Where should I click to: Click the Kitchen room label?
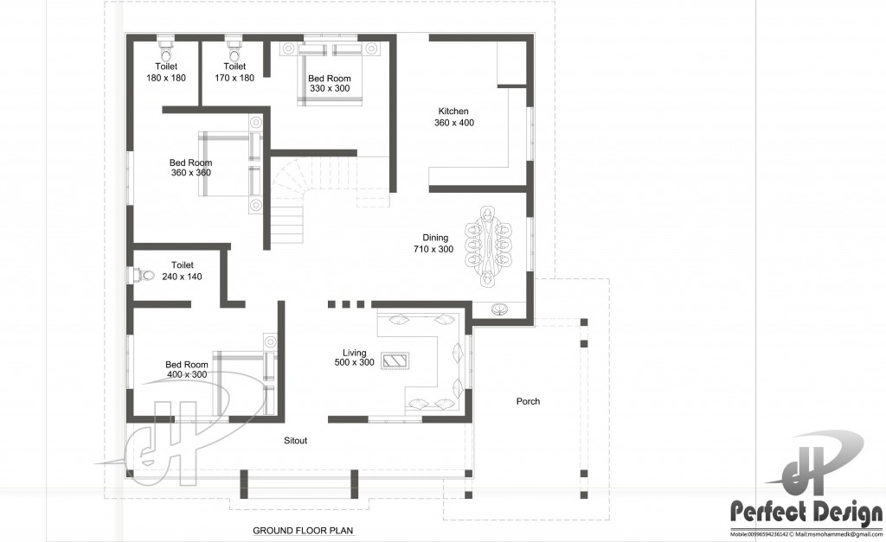[453, 111]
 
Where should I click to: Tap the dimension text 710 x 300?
[433, 249]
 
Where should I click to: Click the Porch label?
[528, 401]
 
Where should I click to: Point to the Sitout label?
[296, 440]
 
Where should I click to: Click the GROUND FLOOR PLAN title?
[303, 530]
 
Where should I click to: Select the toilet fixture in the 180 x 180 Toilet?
[166, 43]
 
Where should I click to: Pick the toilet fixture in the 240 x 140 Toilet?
[143, 276]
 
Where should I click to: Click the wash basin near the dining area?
[499, 309]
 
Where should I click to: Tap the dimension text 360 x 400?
[453, 123]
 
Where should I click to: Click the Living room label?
[354, 353]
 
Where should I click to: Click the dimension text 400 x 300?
[186, 375]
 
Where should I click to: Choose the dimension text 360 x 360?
[190, 173]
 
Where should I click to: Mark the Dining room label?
[434, 237]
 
